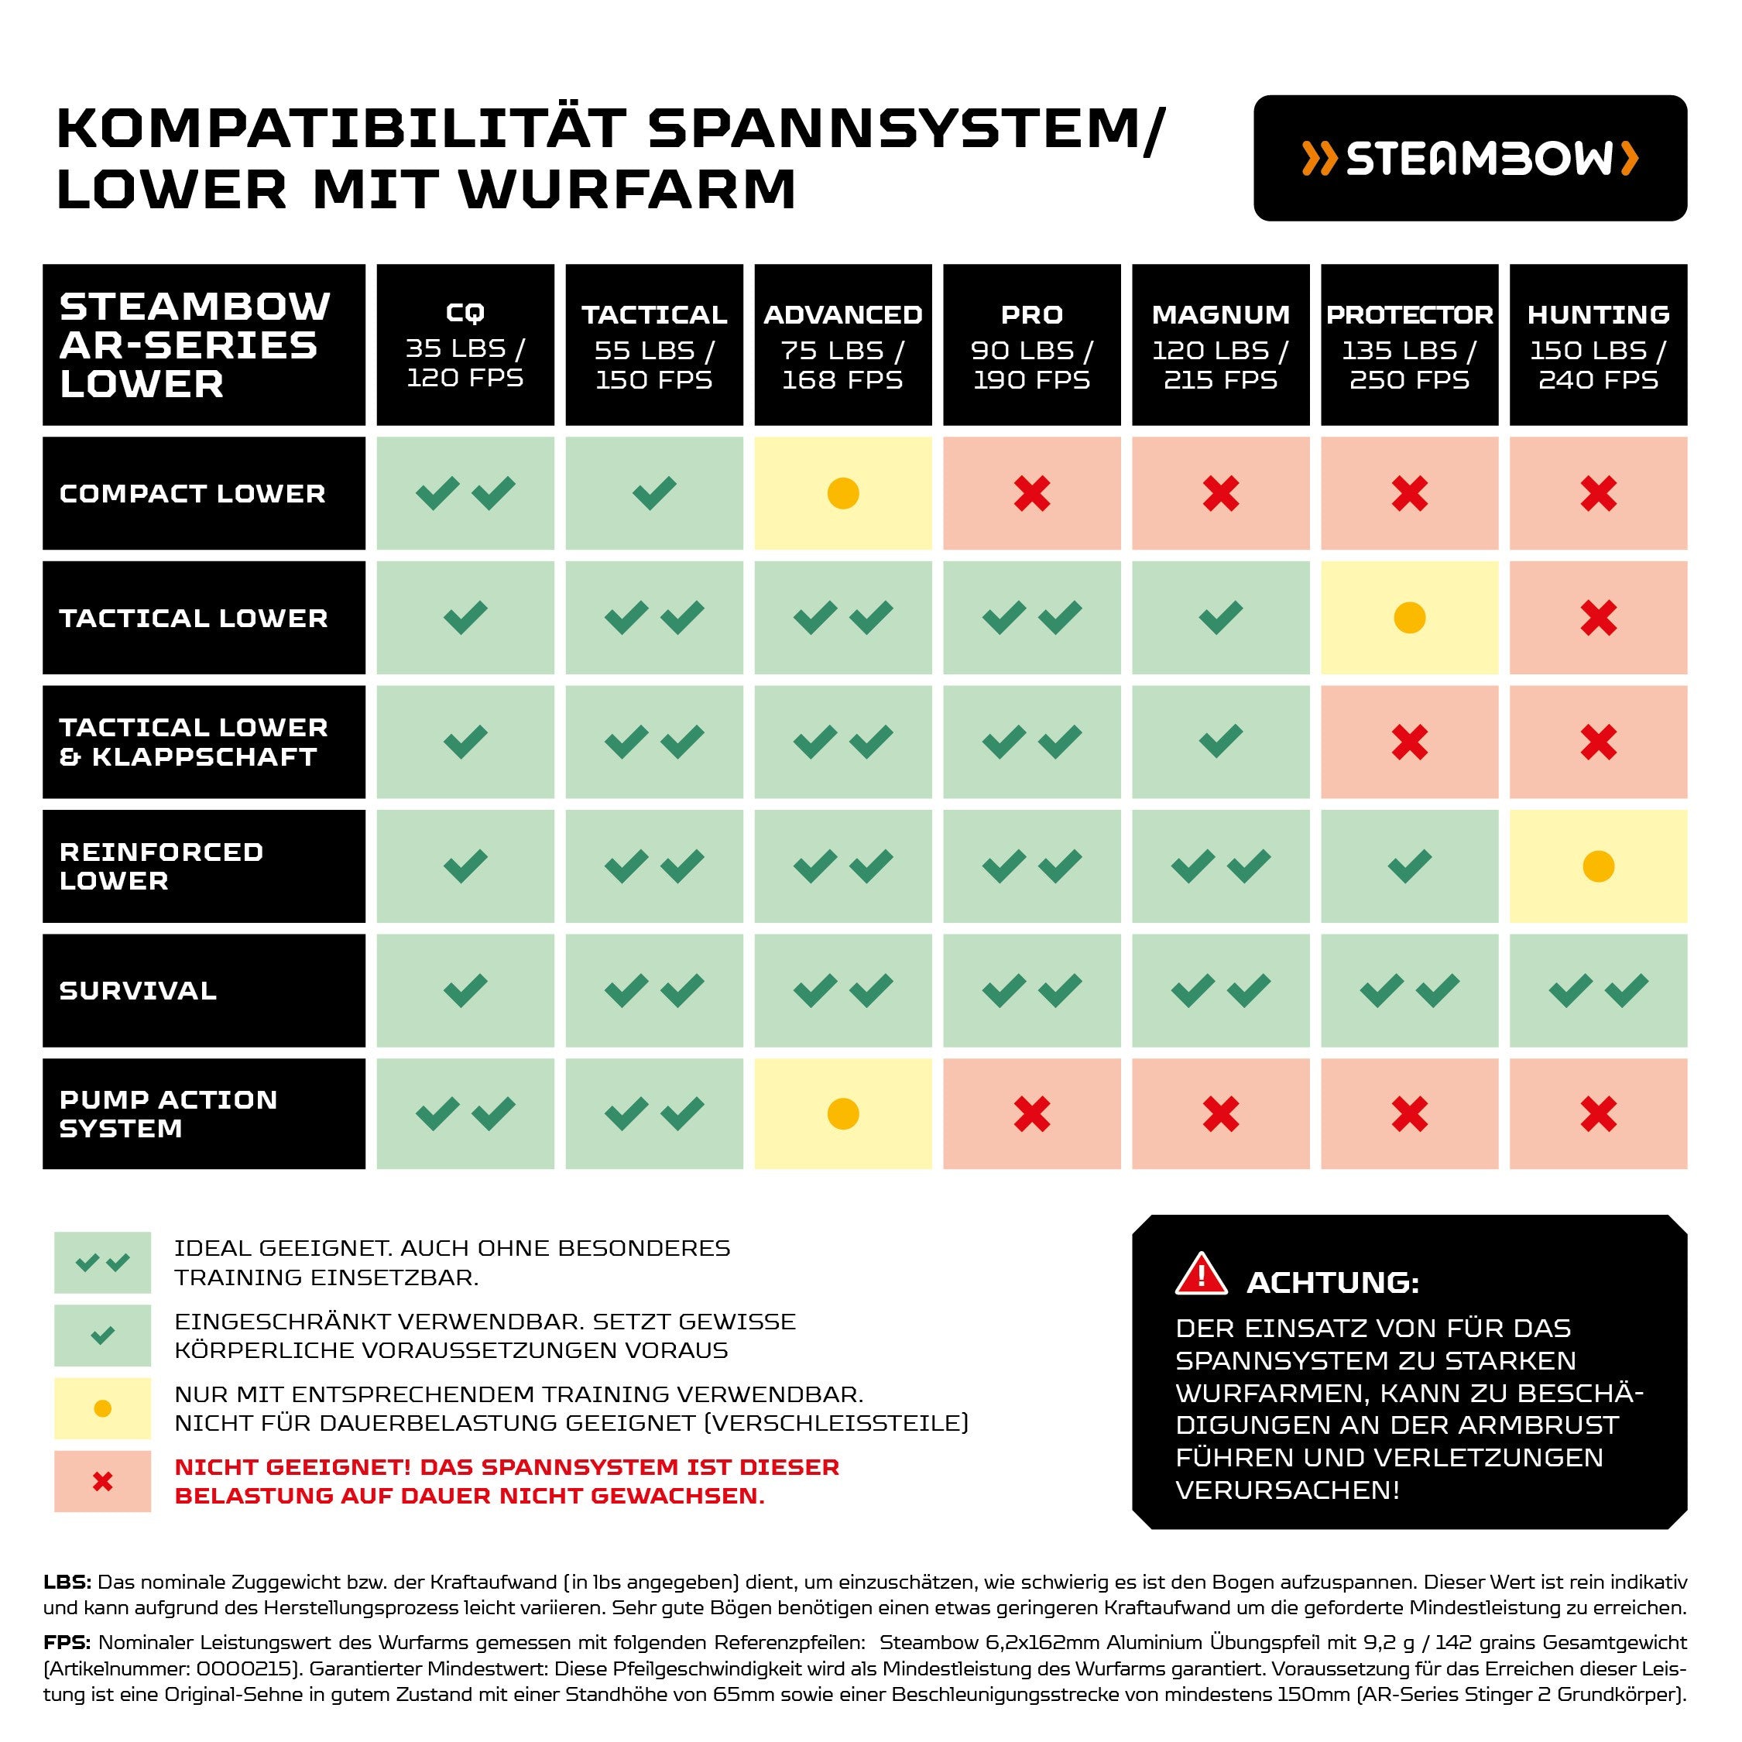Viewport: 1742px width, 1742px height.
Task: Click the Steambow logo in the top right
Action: [x=1469, y=159]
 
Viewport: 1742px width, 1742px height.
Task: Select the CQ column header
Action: [x=465, y=345]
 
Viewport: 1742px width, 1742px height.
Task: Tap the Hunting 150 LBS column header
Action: [x=1598, y=345]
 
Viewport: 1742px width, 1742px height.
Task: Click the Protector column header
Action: [x=1408, y=345]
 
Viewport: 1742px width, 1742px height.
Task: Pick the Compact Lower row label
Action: [x=204, y=494]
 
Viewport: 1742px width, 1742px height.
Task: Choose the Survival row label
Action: [x=204, y=991]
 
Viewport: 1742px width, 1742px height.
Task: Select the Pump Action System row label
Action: [x=204, y=1113]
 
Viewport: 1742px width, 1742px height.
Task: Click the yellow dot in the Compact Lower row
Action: [x=843, y=494]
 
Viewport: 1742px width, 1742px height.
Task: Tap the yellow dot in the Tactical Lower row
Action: [x=1409, y=619]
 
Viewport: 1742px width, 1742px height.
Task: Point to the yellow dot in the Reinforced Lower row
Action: [x=1598, y=866]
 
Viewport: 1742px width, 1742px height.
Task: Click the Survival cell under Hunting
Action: [x=1598, y=991]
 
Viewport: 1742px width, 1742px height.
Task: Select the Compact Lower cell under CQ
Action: [x=465, y=494]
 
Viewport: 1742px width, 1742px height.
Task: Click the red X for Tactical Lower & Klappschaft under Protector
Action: [x=1409, y=742]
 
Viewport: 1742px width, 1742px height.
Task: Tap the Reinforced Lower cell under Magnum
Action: [x=1220, y=866]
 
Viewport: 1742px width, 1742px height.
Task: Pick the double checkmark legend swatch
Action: [x=103, y=1262]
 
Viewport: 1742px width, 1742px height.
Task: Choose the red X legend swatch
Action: [x=103, y=1481]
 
